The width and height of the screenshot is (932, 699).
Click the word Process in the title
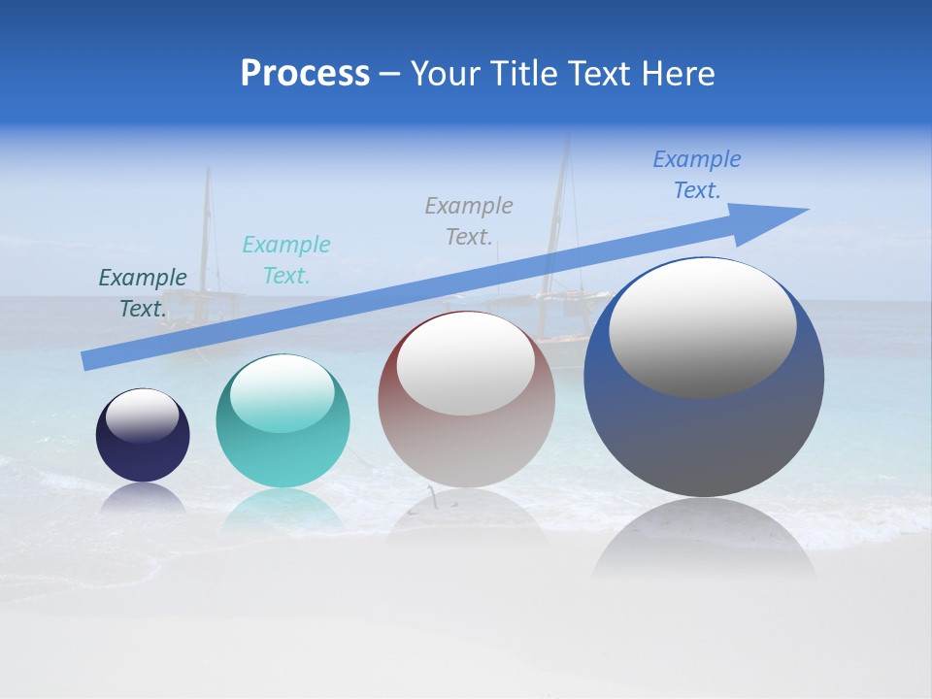[305, 74]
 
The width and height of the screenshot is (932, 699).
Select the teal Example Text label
[286, 260]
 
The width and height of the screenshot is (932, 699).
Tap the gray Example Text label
[469, 220]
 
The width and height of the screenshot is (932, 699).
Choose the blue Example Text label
[697, 175]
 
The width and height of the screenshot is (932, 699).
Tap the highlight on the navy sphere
[143, 416]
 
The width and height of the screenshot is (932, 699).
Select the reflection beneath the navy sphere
[143, 498]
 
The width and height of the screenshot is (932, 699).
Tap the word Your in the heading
[443, 74]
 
